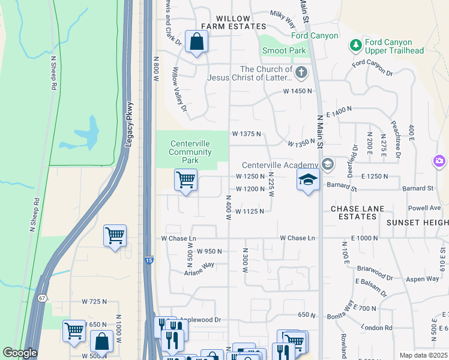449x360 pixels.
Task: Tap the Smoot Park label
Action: click(285, 52)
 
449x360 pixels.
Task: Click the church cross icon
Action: click(301, 73)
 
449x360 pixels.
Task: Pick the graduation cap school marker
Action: click(308, 180)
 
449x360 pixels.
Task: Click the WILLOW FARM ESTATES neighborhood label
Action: click(233, 23)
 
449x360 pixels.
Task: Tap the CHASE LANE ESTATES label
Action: click(357, 212)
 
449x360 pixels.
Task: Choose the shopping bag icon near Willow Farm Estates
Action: click(196, 42)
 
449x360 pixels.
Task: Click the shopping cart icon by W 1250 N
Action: click(186, 179)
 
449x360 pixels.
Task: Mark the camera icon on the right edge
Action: click(439, 161)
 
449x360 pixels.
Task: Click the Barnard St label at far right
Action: click(418, 188)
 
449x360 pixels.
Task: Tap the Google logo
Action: click(20, 353)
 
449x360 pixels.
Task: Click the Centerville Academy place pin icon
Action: click(327, 164)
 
